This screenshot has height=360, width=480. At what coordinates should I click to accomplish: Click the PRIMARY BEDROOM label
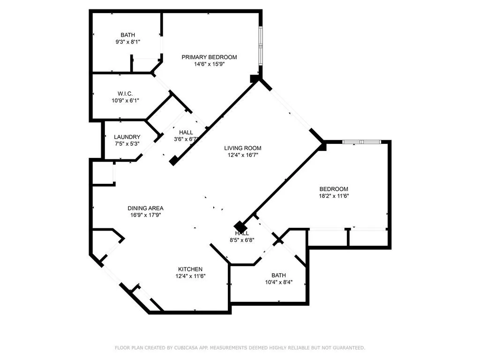pyautogui.click(x=209, y=57)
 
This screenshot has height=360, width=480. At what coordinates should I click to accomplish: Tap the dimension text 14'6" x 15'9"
pyautogui.click(x=209, y=64)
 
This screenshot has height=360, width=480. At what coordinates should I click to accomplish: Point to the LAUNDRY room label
pyautogui.click(x=127, y=137)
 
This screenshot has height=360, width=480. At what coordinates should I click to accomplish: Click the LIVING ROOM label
pyautogui.click(x=242, y=148)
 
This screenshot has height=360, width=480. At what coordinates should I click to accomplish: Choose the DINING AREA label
pyautogui.click(x=146, y=208)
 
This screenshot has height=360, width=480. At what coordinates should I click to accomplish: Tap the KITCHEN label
pyautogui.click(x=190, y=269)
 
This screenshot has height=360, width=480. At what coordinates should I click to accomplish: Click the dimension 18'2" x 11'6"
pyautogui.click(x=334, y=196)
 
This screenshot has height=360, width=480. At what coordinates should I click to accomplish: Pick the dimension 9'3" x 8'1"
pyautogui.click(x=127, y=42)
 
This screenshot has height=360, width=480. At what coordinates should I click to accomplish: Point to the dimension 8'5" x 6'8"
pyautogui.click(x=242, y=240)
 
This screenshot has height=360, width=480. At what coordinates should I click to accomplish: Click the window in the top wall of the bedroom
pyautogui.click(x=361, y=141)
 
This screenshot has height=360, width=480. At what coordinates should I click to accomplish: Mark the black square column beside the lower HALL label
pyautogui.click(x=240, y=226)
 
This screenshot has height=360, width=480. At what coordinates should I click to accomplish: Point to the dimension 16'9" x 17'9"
pyautogui.click(x=146, y=215)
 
